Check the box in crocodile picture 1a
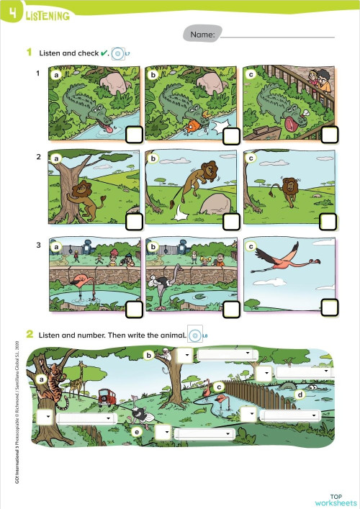tap(135, 136)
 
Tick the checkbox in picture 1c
tap(330, 135)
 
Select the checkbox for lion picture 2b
tap(232, 221)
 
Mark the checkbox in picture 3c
tap(330, 307)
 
